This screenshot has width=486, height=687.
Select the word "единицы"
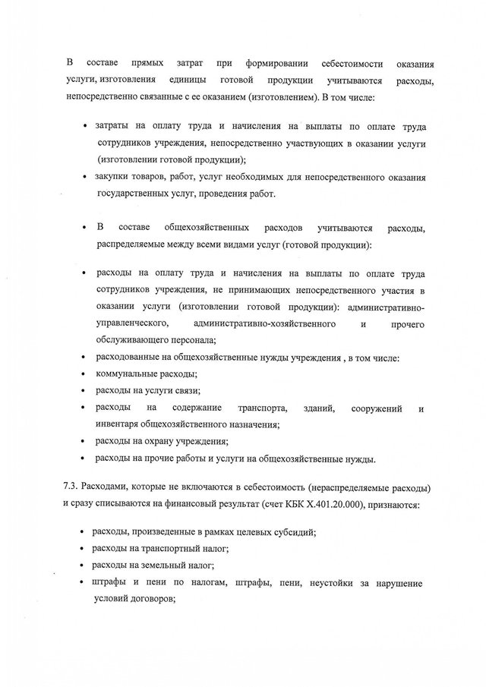click(188, 80)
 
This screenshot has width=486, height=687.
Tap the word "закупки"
click(113, 177)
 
